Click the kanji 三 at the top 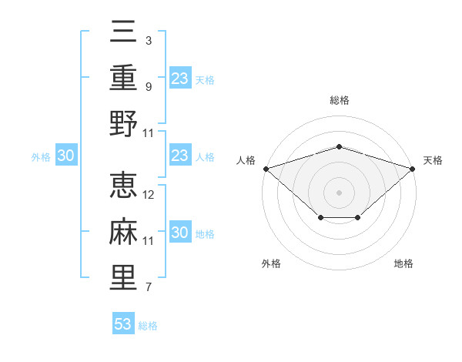[123, 32]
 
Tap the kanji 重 [123, 77]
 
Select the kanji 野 [123, 123]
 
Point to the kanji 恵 [123, 185]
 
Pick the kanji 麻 [123, 231]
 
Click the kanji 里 [123, 277]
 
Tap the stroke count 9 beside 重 [149, 87]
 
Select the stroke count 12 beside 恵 [148, 195]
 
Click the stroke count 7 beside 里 [149, 287]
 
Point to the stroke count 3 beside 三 [149, 40]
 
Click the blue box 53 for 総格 [123, 323]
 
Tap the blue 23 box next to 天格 [180, 78]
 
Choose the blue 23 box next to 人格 [180, 155]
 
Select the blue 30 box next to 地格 [180, 231]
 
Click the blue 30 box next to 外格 [66, 155]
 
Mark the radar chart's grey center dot [339, 193]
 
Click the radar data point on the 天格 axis [413, 169]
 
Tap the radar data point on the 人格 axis [266, 169]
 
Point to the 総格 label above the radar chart [340, 100]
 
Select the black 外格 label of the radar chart [271, 263]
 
